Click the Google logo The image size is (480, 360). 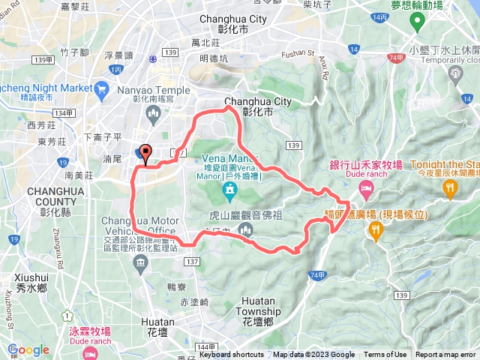28,349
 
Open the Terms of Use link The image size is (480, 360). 385,355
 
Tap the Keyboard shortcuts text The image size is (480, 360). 232,355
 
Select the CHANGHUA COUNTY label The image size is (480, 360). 49,196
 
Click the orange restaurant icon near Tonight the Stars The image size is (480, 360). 449,190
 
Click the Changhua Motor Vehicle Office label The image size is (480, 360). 140,225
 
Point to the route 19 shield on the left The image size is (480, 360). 15,238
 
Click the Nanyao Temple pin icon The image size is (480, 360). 154,114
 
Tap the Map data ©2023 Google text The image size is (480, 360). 314,355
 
